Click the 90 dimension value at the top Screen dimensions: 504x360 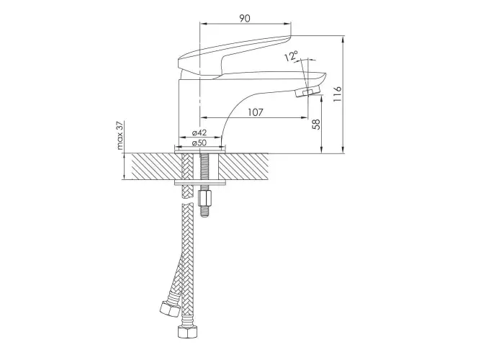click(245, 18)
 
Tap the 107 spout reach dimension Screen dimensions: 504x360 click(256, 112)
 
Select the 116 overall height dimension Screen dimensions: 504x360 click(337, 94)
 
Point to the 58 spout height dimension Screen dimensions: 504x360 click(317, 124)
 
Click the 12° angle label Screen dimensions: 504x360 click(291, 56)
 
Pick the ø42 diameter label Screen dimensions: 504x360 click(199, 132)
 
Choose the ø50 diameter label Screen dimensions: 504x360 click(199, 143)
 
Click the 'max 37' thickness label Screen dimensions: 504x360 click(120, 135)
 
